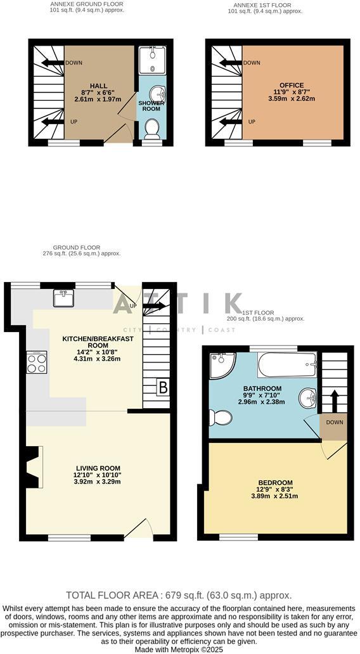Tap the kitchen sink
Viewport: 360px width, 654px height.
click(x=63, y=297)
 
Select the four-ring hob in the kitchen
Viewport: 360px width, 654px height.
click(x=36, y=362)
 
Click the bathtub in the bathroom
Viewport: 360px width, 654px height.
click(x=286, y=365)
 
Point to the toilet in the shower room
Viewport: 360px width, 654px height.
click(x=152, y=130)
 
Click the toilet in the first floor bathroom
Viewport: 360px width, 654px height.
click(x=220, y=417)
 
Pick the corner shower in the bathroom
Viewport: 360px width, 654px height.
click(x=221, y=366)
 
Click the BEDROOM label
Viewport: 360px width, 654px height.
click(x=275, y=483)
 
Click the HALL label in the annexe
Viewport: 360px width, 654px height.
click(x=98, y=86)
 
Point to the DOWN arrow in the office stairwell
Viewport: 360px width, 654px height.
click(x=226, y=63)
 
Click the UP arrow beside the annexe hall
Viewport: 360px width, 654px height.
click(x=53, y=121)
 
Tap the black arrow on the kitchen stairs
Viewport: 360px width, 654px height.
click(x=154, y=306)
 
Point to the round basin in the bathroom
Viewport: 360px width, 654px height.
click(x=309, y=398)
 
